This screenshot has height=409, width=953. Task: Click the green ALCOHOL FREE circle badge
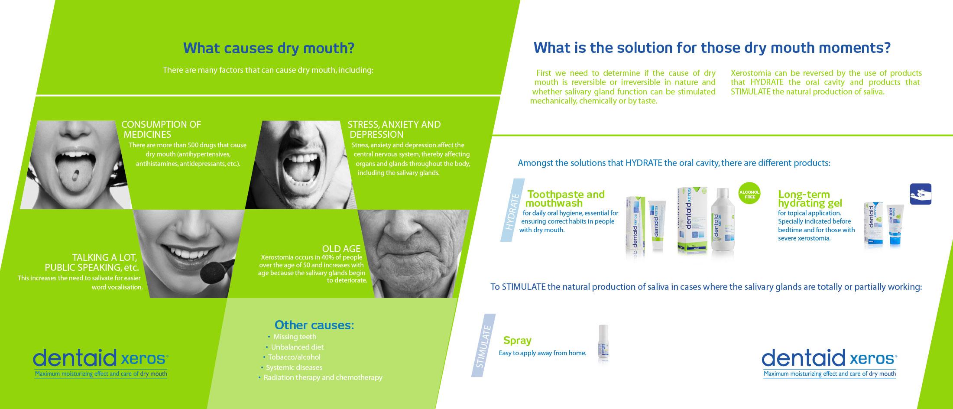[750, 195]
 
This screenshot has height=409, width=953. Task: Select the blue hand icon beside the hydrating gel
[921, 194]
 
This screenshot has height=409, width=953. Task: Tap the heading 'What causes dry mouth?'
[269, 48]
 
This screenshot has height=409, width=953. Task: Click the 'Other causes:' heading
[314, 325]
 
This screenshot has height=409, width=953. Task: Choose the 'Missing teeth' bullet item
[292, 337]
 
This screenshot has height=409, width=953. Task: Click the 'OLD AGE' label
[341, 249]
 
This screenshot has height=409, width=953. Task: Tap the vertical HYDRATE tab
[512, 210]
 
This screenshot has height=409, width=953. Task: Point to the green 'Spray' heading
[517, 341]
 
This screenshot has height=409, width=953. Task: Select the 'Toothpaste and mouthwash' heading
[565, 198]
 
